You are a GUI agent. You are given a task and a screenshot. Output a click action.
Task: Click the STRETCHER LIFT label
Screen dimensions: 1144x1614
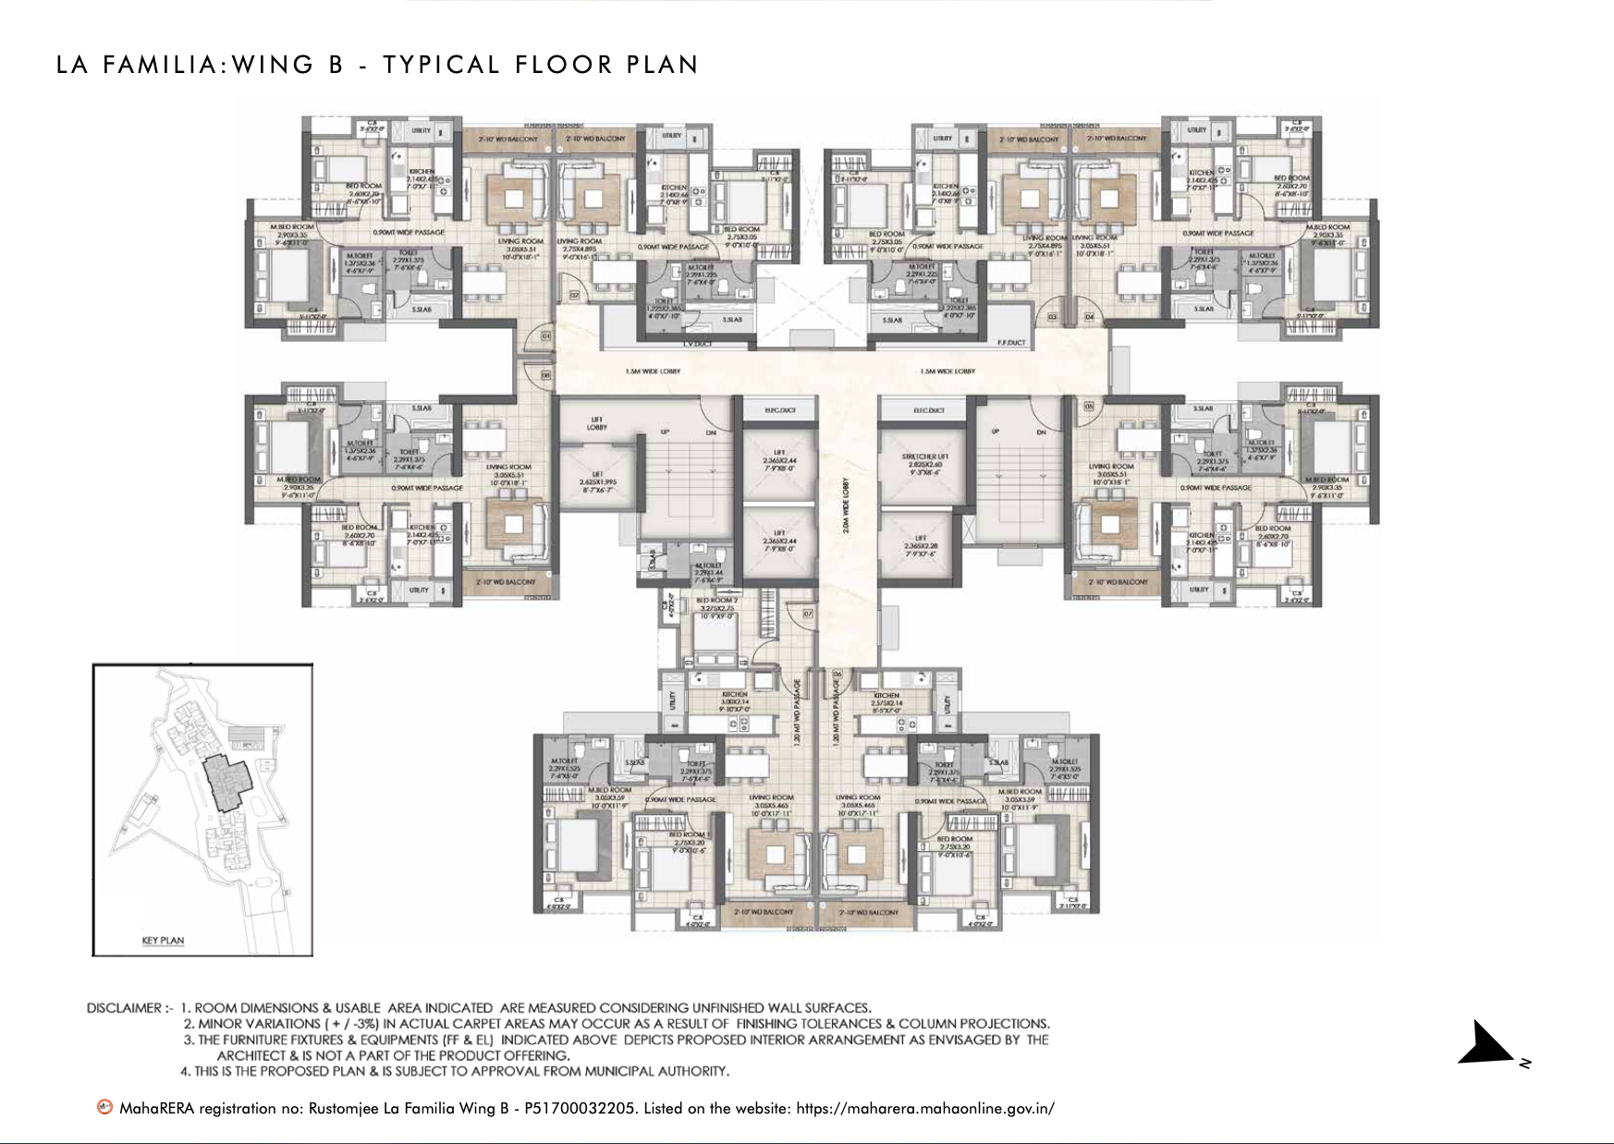pos(921,456)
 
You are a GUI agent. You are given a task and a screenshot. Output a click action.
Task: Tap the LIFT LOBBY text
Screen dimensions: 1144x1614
pos(597,423)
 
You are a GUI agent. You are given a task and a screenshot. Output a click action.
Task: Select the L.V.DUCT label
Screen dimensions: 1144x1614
pos(694,344)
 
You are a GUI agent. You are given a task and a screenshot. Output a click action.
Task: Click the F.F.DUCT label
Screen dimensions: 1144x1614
pos(1012,343)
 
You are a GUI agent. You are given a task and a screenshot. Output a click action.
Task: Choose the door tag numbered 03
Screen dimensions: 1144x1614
pos(1052,317)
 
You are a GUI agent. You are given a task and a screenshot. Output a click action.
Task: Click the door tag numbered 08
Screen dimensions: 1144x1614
pos(545,375)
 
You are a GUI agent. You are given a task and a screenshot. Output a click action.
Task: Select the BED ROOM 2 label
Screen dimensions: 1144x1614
pos(716,601)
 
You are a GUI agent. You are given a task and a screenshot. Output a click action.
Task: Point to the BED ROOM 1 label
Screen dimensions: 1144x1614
pos(688,834)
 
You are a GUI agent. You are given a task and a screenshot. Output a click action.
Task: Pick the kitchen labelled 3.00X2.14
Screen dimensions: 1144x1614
pos(734,699)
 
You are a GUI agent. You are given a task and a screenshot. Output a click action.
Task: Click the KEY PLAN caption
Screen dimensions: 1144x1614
pos(163,941)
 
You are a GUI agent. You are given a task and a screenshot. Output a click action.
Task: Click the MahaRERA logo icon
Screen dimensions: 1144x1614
pos(105,1107)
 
